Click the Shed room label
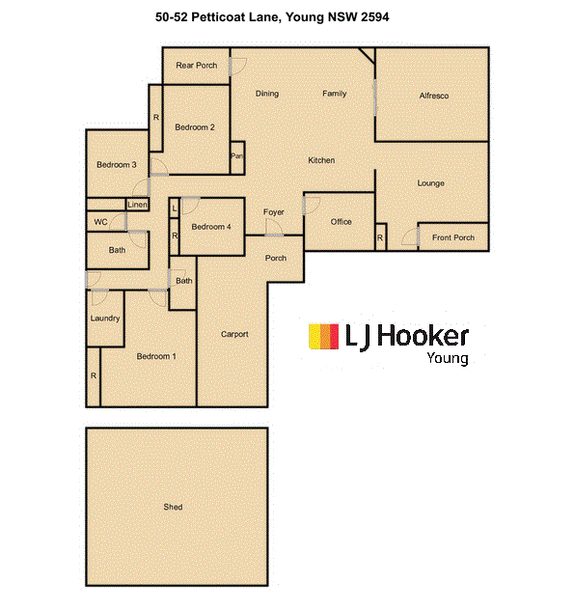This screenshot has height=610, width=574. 173,507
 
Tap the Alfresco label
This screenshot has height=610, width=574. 434,96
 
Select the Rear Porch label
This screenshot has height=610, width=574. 197,66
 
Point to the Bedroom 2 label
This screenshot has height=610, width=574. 195,127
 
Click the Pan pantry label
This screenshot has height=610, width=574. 236,156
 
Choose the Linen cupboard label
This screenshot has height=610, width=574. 137,205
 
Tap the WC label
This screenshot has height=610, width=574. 100,222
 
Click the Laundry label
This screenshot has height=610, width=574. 105,319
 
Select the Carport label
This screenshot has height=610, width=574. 234,334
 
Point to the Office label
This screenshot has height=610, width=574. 342,222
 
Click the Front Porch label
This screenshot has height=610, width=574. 453,237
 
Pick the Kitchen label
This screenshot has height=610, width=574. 321,160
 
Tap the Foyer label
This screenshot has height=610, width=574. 273,212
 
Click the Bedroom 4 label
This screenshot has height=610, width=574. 211,227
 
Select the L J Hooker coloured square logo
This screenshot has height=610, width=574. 323,336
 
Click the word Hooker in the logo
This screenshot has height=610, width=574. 424,336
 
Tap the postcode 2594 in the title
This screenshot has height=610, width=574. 375,17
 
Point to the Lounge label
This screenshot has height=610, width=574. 431,183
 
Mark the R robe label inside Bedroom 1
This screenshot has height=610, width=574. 94,375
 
